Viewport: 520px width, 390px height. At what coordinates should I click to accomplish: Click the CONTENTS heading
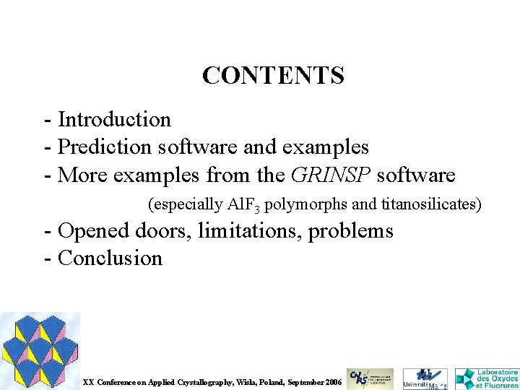[273, 74]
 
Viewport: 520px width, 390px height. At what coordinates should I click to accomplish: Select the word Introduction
[114, 119]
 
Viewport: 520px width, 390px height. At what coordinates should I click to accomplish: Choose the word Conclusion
[110, 258]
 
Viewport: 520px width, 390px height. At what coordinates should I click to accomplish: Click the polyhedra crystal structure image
[40, 350]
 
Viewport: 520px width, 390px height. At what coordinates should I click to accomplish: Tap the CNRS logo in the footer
[370, 378]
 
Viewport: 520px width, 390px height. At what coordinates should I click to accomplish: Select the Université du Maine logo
[425, 378]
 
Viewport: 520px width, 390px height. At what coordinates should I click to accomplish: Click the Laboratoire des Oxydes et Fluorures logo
[487, 378]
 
